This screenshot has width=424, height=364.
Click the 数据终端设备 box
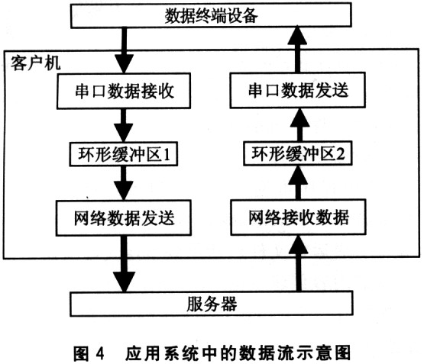211,15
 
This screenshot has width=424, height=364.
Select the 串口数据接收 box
124,91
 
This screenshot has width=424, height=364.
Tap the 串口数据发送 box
298,90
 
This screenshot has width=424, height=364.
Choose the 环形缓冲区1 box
124,154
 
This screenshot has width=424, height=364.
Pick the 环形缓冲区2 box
298,153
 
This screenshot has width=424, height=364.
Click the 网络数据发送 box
124,218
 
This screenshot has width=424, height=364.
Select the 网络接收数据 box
298,217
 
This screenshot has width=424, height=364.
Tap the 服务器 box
212,304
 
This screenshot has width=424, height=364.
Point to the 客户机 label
35,63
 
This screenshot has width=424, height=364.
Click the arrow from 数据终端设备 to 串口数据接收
124,50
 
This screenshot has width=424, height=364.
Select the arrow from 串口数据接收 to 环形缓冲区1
123,125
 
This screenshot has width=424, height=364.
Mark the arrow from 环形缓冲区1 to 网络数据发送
124,183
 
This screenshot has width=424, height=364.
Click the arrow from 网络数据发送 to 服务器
124,264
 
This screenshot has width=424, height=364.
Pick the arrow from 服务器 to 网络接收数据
298,263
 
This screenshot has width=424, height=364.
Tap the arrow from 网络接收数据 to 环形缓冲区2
298,182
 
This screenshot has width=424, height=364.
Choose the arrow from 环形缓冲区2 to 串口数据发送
299,124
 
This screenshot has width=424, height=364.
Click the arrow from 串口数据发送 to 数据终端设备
297,49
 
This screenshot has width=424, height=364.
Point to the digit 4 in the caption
100,353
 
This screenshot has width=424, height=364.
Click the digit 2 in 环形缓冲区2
341,153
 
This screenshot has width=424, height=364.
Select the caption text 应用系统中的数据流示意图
238,353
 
